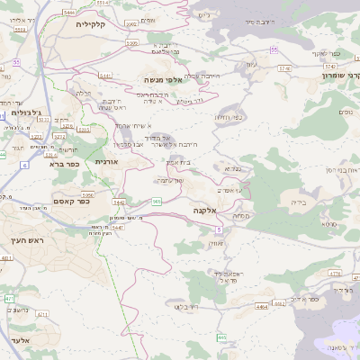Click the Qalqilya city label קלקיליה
coord(91,24)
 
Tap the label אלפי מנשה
coord(163,80)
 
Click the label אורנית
coord(106,160)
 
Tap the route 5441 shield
coord(105,76)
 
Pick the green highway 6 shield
coord(24,166)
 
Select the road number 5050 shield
coord(131,42)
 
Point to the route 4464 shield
coord(262,306)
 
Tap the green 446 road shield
coord(221,337)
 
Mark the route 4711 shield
coord(334,273)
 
